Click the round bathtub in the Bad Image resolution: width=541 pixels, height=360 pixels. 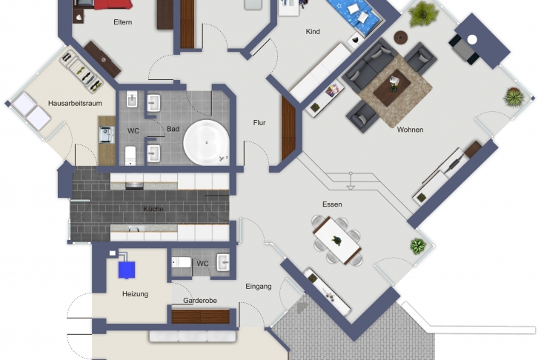206,142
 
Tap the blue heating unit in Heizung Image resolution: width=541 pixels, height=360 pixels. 127,270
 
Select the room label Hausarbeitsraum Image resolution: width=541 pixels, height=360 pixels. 75,103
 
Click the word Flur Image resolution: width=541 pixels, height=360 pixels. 259,123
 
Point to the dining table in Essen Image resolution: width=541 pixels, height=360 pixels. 337,240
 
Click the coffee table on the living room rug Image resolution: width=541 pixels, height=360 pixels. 391,87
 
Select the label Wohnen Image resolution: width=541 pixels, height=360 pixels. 410,130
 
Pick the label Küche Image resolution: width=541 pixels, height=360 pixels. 153,209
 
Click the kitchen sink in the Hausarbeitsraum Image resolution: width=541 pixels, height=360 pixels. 107,135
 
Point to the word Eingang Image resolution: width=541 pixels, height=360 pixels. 259,286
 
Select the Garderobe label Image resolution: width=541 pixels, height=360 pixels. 200,300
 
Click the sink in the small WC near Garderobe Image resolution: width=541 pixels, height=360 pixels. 223,262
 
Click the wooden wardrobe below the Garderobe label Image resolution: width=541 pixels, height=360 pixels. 200,316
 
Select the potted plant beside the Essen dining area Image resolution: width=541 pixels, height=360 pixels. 418,246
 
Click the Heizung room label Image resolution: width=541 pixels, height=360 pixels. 135,294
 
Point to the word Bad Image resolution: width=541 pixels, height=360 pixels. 173,129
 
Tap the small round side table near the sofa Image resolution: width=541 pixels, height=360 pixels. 401,37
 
